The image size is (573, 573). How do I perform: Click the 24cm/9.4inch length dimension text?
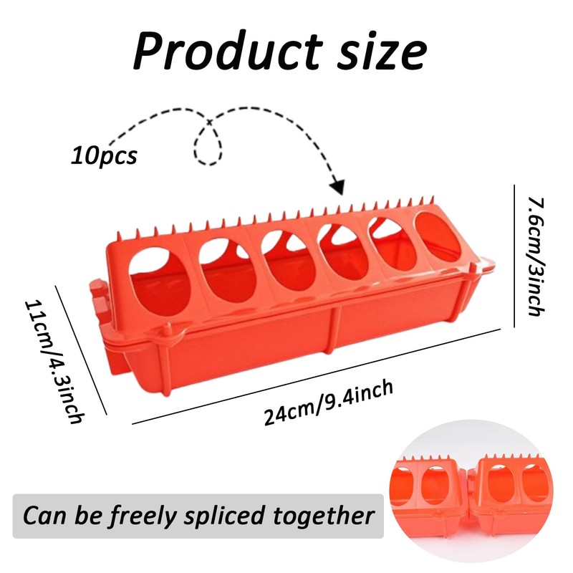tap(329, 403)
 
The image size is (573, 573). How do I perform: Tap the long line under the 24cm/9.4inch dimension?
tap(315, 377)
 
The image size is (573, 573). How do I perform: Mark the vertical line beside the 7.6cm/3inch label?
tap(514, 254)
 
